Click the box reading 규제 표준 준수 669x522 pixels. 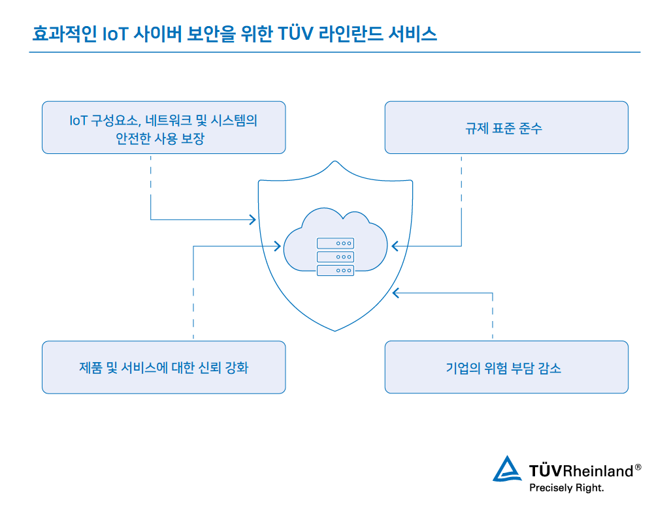coord(506,127)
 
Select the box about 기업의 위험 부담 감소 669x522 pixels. coord(506,367)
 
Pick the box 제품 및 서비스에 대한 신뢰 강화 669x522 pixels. coord(163,367)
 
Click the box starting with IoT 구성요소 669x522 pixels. coord(163,127)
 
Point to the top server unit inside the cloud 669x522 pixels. coord(335,243)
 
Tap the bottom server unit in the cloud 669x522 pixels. coord(335,270)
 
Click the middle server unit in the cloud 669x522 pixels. coord(335,256)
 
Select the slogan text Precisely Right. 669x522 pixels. coord(566,487)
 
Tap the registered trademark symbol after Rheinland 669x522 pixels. coord(638,467)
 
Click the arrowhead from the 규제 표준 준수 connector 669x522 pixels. coord(395,246)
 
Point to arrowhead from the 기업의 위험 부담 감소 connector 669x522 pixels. coord(395,293)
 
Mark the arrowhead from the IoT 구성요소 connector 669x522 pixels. coord(252,219)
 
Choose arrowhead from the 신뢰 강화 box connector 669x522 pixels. coord(278,246)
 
